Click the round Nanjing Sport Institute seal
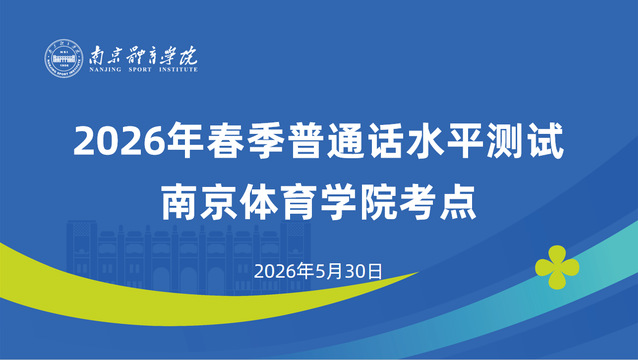click(64, 58)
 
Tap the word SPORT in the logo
click(140, 70)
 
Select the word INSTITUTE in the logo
click(178, 70)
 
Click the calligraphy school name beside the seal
click(143, 55)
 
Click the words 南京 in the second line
click(200, 202)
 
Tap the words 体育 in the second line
click(279, 202)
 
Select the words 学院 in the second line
click(358, 202)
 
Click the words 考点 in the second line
click(437, 202)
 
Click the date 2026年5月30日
click(318, 271)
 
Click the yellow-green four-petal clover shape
click(557, 267)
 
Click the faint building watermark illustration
click(188, 257)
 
